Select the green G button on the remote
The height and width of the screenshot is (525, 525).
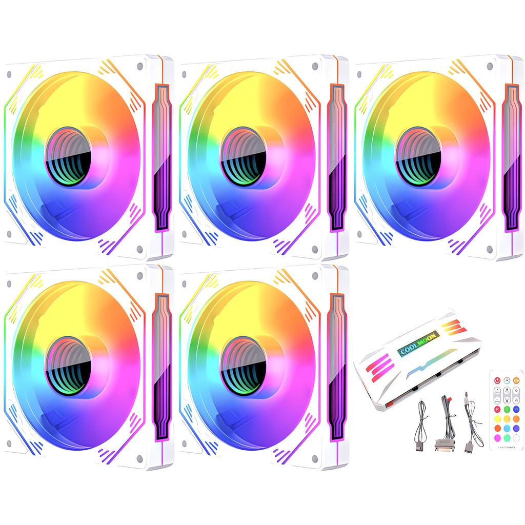pos(507,409)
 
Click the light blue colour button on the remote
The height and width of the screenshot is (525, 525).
pos(507,428)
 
